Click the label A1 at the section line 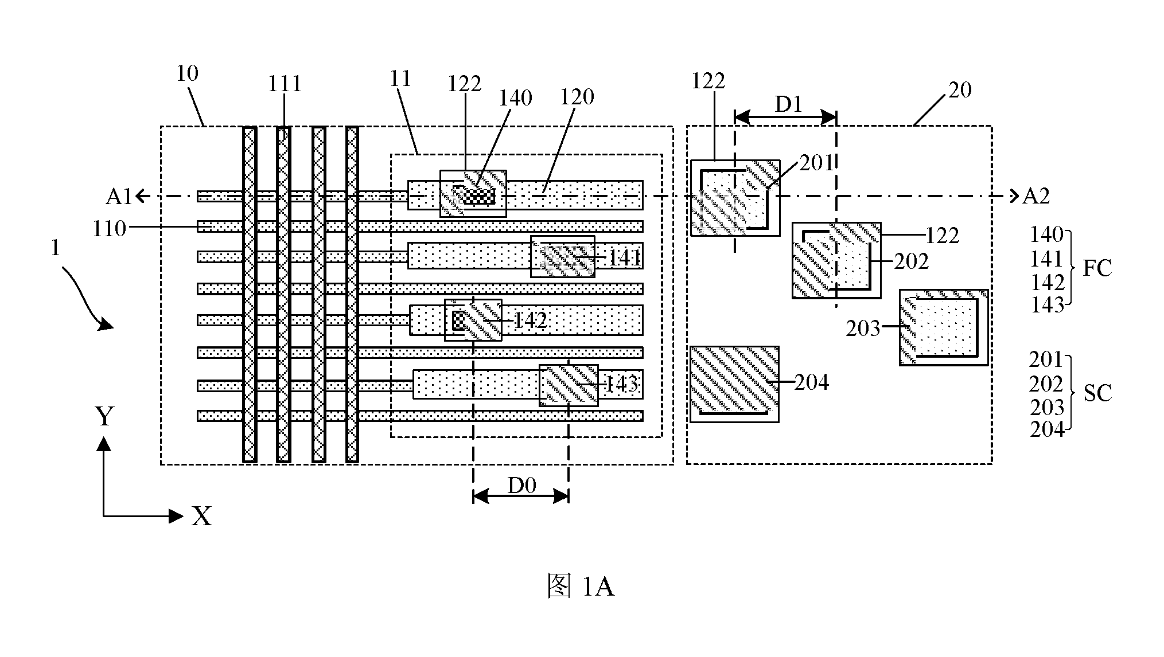[119, 197]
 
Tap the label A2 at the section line [1036, 197]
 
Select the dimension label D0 [521, 486]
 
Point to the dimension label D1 [788, 104]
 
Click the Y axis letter [104, 417]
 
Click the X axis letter [202, 517]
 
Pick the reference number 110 [110, 229]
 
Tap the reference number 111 [285, 84]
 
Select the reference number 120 [577, 97]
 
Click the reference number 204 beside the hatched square [811, 382]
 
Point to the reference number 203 [863, 328]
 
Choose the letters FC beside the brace [1097, 268]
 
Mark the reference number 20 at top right [960, 90]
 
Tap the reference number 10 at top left [188, 73]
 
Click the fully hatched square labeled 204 [734, 384]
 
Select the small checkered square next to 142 [458, 320]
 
